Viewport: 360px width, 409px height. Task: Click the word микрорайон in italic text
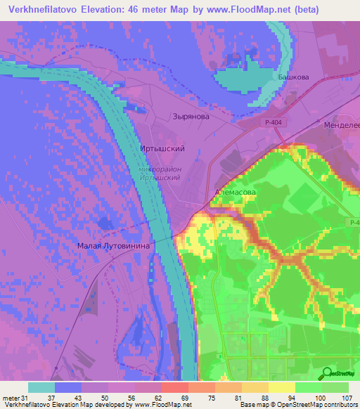[x=160, y=169]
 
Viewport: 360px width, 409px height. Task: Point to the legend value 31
[x=26, y=397]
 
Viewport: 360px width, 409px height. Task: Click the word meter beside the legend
[x=11, y=397]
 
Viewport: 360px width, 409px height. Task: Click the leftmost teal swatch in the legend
[x=41, y=387]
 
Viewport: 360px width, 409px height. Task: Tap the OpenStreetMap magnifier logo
[x=326, y=372]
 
